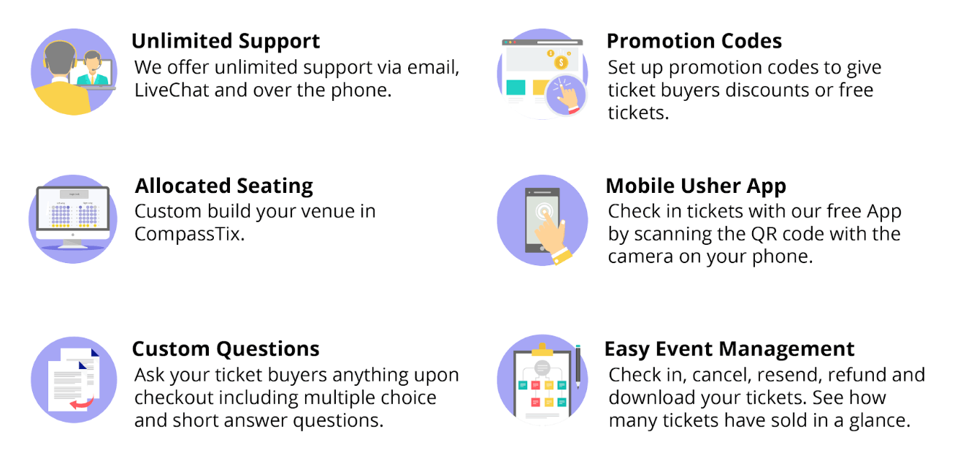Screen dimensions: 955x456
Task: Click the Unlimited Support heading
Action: [226, 42]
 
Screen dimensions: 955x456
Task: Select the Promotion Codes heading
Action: [694, 42]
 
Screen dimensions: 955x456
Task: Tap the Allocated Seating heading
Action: [224, 186]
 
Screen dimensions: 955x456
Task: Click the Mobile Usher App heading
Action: [696, 186]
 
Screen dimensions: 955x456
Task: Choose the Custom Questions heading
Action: [226, 349]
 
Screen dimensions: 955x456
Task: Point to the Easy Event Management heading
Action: [729, 349]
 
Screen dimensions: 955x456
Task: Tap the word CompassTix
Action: [189, 234]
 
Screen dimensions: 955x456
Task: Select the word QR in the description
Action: [764, 234]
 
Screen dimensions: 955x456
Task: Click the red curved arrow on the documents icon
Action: [83, 402]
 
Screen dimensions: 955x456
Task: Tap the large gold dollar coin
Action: [561, 63]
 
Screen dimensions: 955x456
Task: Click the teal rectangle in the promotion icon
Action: [515, 88]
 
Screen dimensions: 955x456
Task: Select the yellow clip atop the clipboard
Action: [542, 350]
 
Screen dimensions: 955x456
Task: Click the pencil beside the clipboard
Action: [578, 366]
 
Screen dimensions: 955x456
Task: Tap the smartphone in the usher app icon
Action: [542, 220]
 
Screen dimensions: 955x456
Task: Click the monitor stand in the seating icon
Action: [72, 243]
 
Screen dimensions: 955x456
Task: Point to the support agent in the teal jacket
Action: [92, 69]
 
